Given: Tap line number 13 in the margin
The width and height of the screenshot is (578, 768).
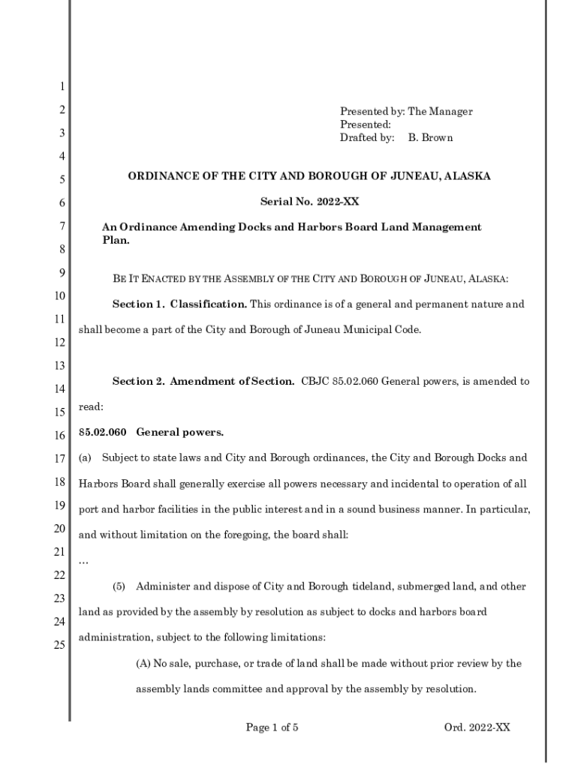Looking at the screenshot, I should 59,365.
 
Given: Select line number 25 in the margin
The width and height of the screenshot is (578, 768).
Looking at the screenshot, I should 59,643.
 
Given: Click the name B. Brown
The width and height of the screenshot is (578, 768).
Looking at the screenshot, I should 430,138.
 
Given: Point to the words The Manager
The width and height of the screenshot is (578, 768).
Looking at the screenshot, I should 440,112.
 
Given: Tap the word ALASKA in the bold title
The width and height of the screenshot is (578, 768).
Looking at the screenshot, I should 467,176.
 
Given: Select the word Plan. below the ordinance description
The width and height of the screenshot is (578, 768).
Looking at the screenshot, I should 116,241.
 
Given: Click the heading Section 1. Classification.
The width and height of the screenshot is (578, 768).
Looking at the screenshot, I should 179,304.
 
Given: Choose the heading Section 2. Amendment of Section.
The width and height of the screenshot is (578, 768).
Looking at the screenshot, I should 203,381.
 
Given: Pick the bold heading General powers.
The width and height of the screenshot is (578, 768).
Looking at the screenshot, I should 180,433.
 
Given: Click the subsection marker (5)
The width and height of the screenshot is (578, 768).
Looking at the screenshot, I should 119,586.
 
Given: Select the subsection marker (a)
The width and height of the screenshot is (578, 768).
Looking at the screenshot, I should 85,457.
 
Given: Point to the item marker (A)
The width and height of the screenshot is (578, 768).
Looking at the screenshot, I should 143,664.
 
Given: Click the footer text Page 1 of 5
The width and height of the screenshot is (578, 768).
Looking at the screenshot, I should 272,727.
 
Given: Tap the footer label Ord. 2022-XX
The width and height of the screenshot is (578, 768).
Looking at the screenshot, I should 477,727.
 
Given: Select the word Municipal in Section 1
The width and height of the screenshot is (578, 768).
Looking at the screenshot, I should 369,330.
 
